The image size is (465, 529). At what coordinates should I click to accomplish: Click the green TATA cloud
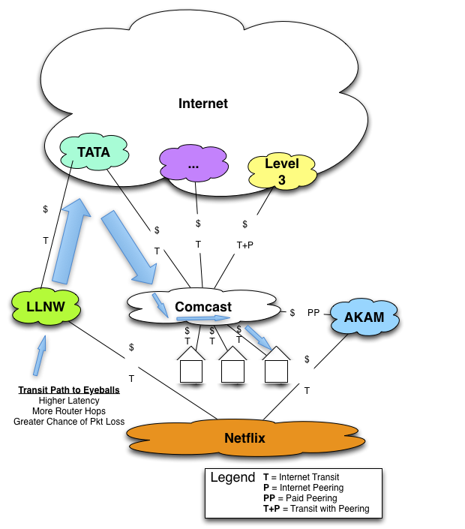coord(94,153)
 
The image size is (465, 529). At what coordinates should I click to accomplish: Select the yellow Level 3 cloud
coord(281,171)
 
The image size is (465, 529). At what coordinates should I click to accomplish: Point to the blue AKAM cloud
coord(364,317)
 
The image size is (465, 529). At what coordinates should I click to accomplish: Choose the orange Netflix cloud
coord(244,437)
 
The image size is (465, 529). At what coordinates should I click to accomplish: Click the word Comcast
coord(203,307)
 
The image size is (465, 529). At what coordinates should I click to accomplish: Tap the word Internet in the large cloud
coord(203,104)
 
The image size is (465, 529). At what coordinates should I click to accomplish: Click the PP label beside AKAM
coord(313,313)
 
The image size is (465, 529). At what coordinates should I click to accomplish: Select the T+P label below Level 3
coord(245,245)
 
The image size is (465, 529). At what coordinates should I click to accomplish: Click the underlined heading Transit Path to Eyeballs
coord(69,390)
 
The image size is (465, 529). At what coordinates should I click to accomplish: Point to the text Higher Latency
coord(69,401)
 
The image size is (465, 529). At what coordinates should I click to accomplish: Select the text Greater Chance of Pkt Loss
coord(69,422)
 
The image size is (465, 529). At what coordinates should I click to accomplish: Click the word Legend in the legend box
coord(232,478)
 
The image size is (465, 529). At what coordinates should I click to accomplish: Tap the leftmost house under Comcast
coord(191,368)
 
